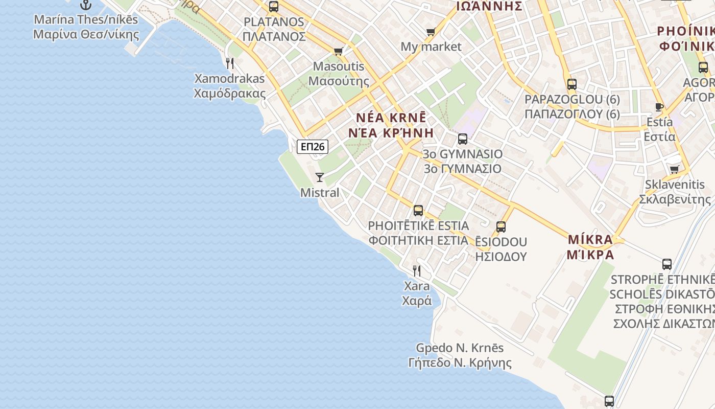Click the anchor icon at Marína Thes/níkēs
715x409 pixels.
tap(86, 5)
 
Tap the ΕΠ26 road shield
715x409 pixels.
tap(312, 147)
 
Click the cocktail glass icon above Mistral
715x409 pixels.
tap(320, 177)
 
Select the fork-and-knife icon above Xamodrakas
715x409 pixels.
tap(230, 63)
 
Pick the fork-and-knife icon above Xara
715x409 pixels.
tap(417, 270)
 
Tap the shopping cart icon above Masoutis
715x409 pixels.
tap(338, 51)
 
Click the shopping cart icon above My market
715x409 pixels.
tap(431, 32)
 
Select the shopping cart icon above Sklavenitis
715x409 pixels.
tap(675, 169)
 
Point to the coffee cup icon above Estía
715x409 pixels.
tap(659, 107)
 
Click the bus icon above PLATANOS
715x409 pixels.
tap(274, 7)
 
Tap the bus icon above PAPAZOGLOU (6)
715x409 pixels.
tap(572, 84)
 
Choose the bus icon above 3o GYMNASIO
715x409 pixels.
tap(463, 139)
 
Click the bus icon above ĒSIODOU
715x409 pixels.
tap(501, 226)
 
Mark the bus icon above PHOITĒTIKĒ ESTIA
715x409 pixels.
tap(418, 210)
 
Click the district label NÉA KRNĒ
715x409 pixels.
tap(391, 117)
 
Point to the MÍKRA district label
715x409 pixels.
tap(590, 239)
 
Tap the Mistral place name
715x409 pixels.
tap(320, 193)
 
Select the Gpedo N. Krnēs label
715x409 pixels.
tap(460, 348)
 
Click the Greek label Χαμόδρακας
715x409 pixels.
tap(230, 94)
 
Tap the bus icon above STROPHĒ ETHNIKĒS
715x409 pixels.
tap(667, 264)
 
